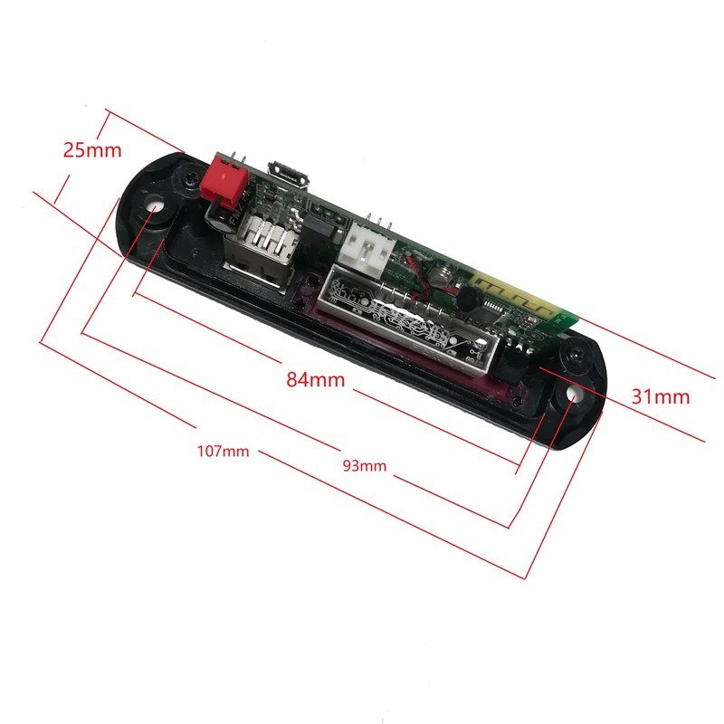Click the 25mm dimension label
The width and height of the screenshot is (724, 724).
tap(91, 149)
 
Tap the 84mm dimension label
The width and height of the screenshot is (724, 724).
tap(316, 380)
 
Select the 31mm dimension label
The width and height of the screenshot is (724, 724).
tap(661, 395)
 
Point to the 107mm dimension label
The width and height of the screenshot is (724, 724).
tap(223, 450)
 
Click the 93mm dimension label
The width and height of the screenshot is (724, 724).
tap(364, 466)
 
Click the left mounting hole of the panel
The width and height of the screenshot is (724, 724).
tap(153, 207)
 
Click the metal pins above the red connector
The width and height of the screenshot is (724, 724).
tap(233, 157)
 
